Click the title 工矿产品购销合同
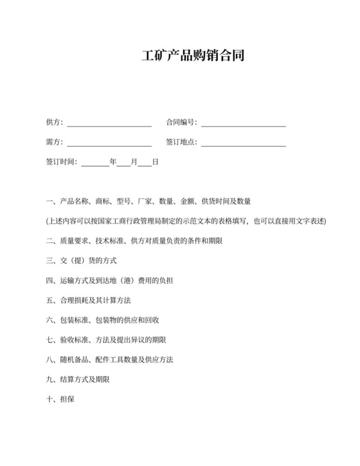tap(192, 56)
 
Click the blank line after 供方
tap(109, 123)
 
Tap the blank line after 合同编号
tap(243, 123)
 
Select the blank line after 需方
tap(109, 143)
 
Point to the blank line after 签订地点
tap(243, 143)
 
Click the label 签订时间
tap(60, 162)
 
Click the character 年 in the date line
tap(113, 162)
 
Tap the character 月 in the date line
tap(134, 162)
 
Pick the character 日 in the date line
tap(155, 162)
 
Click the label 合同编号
tap(181, 122)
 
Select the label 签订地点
tap(181, 142)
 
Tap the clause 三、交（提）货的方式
tap(81, 261)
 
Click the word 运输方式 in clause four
tap(73, 281)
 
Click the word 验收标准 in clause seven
tap(73, 340)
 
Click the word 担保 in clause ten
tap(67, 399)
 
